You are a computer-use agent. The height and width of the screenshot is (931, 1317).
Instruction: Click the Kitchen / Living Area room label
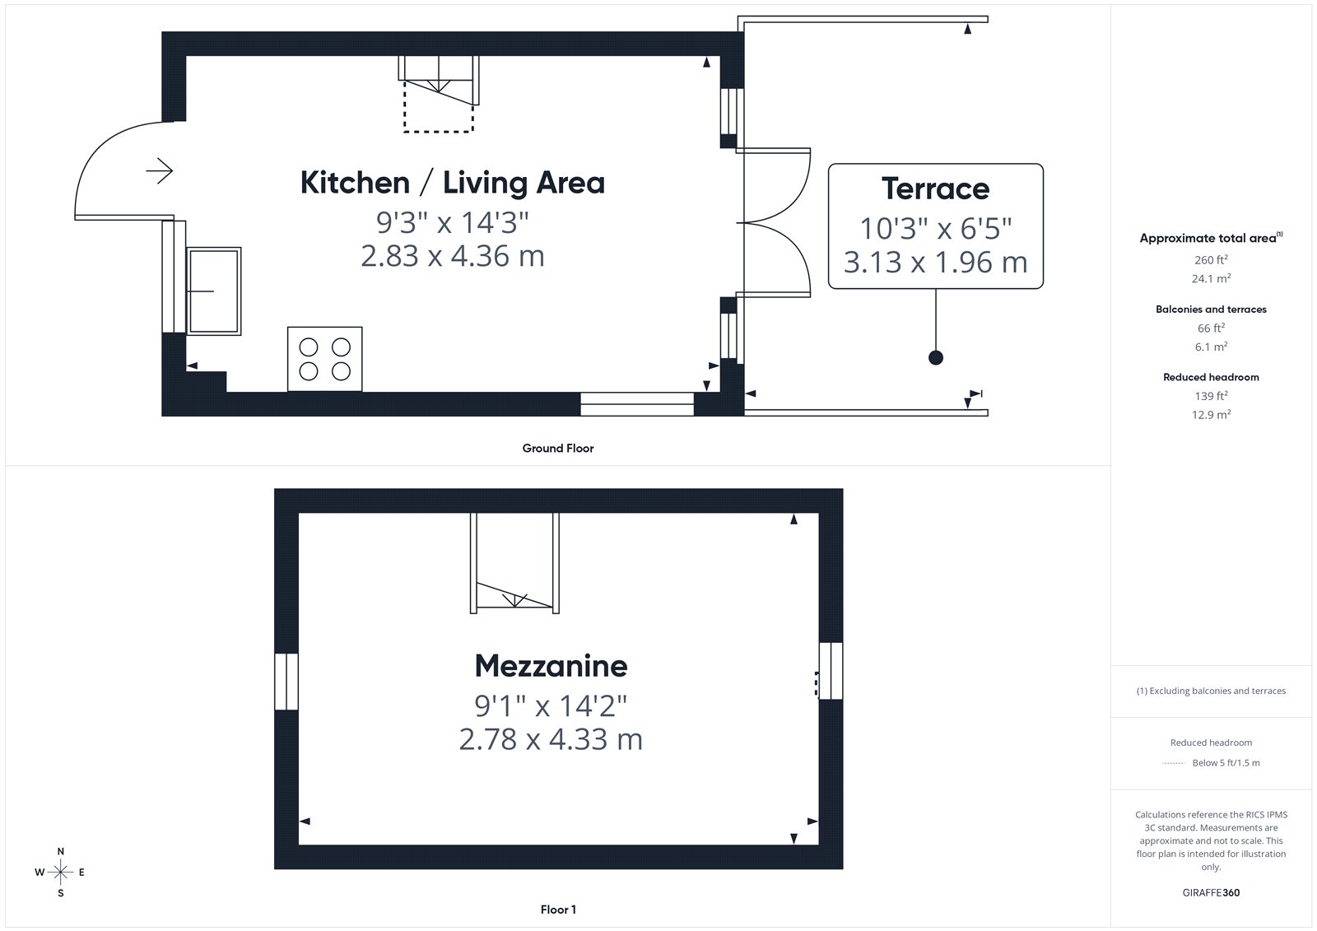(x=452, y=182)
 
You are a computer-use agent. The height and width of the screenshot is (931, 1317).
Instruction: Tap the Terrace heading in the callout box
(x=935, y=189)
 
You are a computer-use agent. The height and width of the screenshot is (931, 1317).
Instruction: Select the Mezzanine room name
(x=551, y=666)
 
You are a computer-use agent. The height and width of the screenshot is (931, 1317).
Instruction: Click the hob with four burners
(x=324, y=359)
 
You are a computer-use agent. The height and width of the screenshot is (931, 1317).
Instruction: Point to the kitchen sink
(x=214, y=291)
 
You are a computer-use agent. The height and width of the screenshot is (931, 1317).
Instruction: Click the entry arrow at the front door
(x=160, y=171)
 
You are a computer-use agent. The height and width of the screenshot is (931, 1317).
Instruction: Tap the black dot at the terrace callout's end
(x=935, y=357)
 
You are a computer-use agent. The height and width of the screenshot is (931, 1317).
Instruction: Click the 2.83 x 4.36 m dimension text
(x=452, y=257)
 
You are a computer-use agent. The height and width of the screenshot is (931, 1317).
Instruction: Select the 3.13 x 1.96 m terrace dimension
(x=935, y=263)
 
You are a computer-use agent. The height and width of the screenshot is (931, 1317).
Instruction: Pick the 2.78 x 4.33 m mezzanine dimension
(x=551, y=739)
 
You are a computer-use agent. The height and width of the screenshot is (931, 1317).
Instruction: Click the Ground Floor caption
(x=558, y=448)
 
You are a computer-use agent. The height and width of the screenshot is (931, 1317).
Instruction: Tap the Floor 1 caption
(x=558, y=910)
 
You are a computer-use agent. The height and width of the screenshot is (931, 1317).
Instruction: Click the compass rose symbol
(x=61, y=872)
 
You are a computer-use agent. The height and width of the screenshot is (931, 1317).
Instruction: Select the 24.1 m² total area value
(x=1211, y=278)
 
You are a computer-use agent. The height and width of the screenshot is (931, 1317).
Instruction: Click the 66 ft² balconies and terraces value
(x=1211, y=328)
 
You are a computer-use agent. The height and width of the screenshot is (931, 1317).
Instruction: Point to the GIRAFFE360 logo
(x=1211, y=892)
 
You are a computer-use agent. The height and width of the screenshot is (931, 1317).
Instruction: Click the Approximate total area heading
(x=1211, y=238)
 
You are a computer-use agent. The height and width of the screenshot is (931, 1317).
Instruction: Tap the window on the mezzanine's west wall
(x=286, y=681)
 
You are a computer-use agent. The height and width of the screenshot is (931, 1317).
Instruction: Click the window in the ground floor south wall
(x=637, y=404)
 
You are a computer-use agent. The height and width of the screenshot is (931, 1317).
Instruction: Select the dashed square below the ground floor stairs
(x=439, y=106)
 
